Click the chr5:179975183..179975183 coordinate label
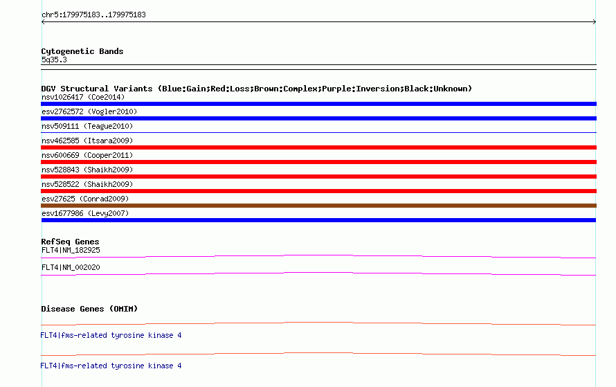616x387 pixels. point(93,15)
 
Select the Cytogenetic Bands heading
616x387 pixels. point(82,51)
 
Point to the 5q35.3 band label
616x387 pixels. point(54,60)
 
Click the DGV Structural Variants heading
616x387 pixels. point(256,89)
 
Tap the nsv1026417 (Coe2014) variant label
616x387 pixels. point(83,97)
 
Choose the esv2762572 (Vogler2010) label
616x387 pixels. point(89,111)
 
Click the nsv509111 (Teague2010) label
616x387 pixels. point(87,126)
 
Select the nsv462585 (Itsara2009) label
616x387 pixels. point(87,141)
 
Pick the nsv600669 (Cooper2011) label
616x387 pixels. point(87,155)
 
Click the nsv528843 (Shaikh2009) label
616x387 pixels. point(87,170)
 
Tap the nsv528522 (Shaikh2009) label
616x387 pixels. point(87,184)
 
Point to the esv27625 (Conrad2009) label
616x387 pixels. point(85,199)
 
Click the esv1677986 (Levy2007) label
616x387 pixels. point(85,213)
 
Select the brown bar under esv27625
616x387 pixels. point(318,206)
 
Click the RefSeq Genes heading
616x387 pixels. point(70,242)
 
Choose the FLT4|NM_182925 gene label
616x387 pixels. point(71,251)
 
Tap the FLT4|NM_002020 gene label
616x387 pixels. point(71,267)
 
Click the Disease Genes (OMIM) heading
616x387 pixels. point(89,309)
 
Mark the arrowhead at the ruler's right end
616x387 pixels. point(595,22)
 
